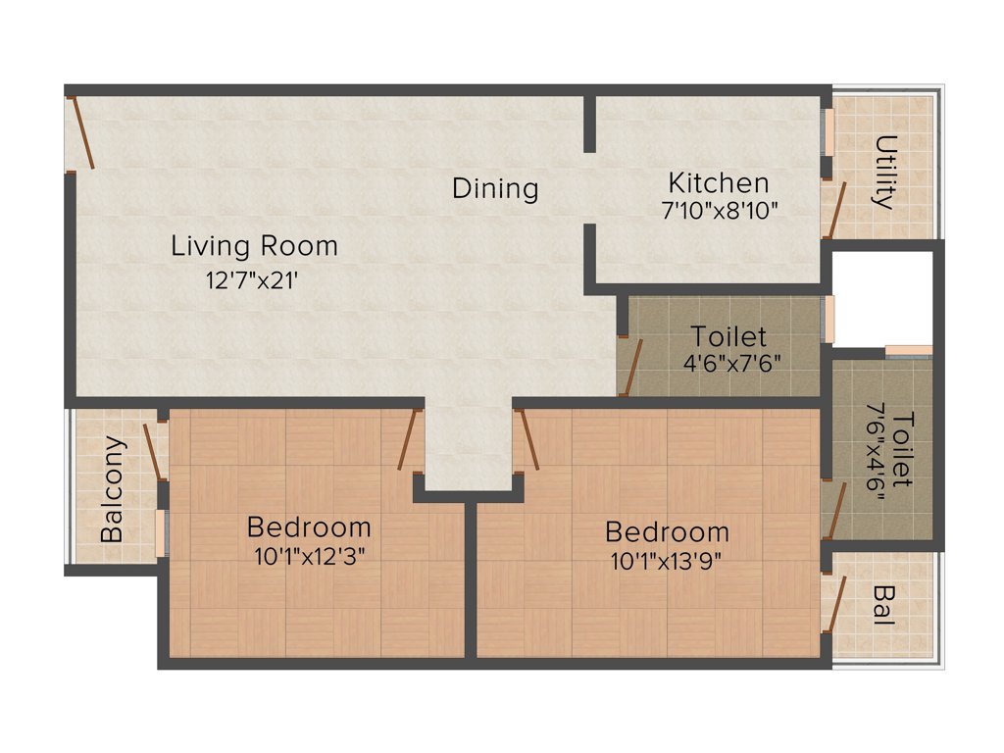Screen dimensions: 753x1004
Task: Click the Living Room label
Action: (x=254, y=245)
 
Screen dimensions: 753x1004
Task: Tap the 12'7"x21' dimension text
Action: (x=251, y=279)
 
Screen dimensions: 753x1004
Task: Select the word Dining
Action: (x=495, y=188)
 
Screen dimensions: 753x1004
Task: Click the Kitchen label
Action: (x=718, y=183)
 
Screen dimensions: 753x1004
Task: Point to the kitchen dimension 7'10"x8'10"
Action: (x=720, y=210)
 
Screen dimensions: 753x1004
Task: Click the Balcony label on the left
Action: (x=113, y=489)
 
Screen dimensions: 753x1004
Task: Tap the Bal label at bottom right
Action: (x=883, y=607)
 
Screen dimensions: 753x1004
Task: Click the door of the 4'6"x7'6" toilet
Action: (x=630, y=368)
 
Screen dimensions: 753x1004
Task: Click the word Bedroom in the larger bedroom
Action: (x=667, y=532)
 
